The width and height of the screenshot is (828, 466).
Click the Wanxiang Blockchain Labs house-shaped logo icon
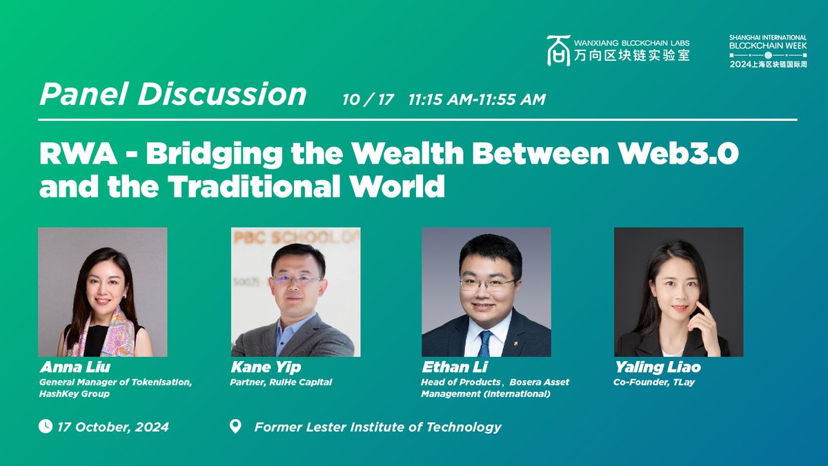point(558,50)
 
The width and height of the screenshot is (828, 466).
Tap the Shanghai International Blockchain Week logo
point(768,51)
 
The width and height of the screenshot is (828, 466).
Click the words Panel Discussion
point(173,94)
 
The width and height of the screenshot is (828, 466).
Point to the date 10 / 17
point(368,99)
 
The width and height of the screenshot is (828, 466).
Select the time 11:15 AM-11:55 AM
point(477,99)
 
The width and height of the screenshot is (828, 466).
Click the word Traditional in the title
point(254,186)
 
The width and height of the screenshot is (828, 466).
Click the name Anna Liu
point(75,367)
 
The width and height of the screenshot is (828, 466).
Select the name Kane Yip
point(266,367)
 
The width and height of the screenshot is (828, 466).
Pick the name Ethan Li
point(455,367)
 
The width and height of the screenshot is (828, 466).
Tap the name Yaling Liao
point(658,367)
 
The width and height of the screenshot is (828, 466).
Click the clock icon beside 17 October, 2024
point(46,426)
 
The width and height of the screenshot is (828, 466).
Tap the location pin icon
point(235,427)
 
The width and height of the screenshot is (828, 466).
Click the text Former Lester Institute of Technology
point(378,427)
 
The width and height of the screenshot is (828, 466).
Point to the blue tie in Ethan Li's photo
point(485,344)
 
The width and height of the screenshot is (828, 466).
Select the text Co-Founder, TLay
point(654,382)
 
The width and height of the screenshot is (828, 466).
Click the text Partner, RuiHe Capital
point(281,382)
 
